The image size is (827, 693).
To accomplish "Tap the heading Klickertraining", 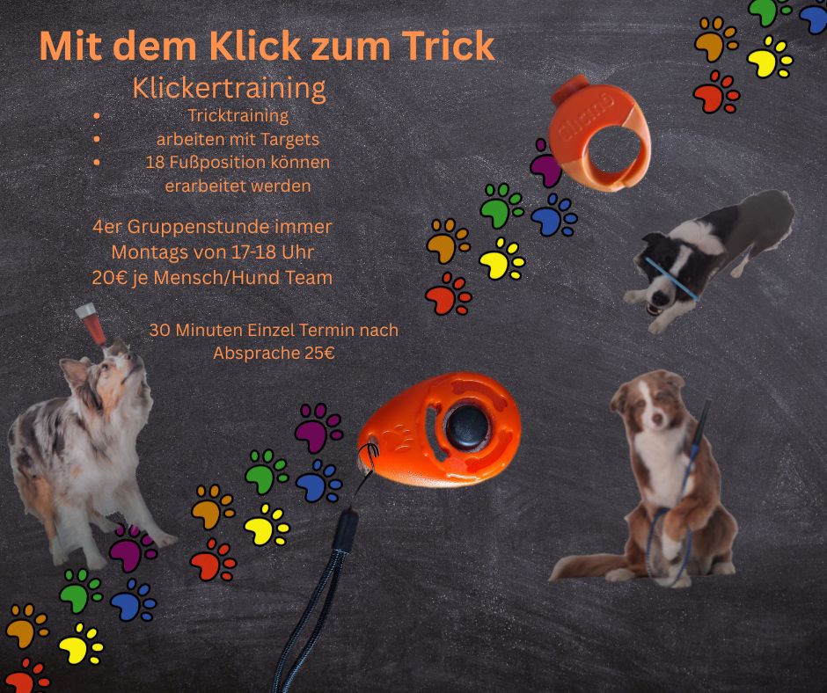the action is click(x=229, y=88).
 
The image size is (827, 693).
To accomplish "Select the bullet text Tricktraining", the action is click(x=238, y=115).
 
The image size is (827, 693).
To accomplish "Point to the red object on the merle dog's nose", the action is click(x=91, y=322).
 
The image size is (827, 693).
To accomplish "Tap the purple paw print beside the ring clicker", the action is click(x=545, y=164).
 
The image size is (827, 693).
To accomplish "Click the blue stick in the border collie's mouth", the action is click(x=671, y=279).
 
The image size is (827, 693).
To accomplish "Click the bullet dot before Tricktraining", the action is click(x=97, y=116).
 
